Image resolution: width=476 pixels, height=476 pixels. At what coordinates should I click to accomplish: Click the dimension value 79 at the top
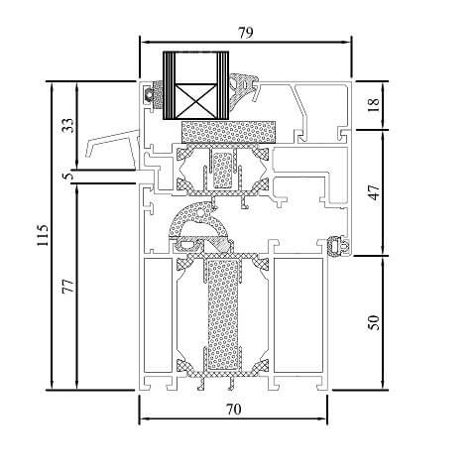(245, 32)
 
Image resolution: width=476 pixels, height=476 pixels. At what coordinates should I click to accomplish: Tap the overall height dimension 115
(42, 235)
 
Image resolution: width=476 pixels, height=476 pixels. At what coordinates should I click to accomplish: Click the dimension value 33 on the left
(67, 126)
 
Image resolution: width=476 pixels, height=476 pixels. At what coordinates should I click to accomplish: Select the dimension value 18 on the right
(374, 104)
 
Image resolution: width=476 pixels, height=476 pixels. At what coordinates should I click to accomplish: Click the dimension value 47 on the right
(374, 191)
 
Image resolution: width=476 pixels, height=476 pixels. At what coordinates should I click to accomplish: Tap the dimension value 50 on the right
(374, 322)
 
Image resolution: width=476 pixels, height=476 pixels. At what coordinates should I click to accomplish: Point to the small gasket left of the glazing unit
(152, 96)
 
